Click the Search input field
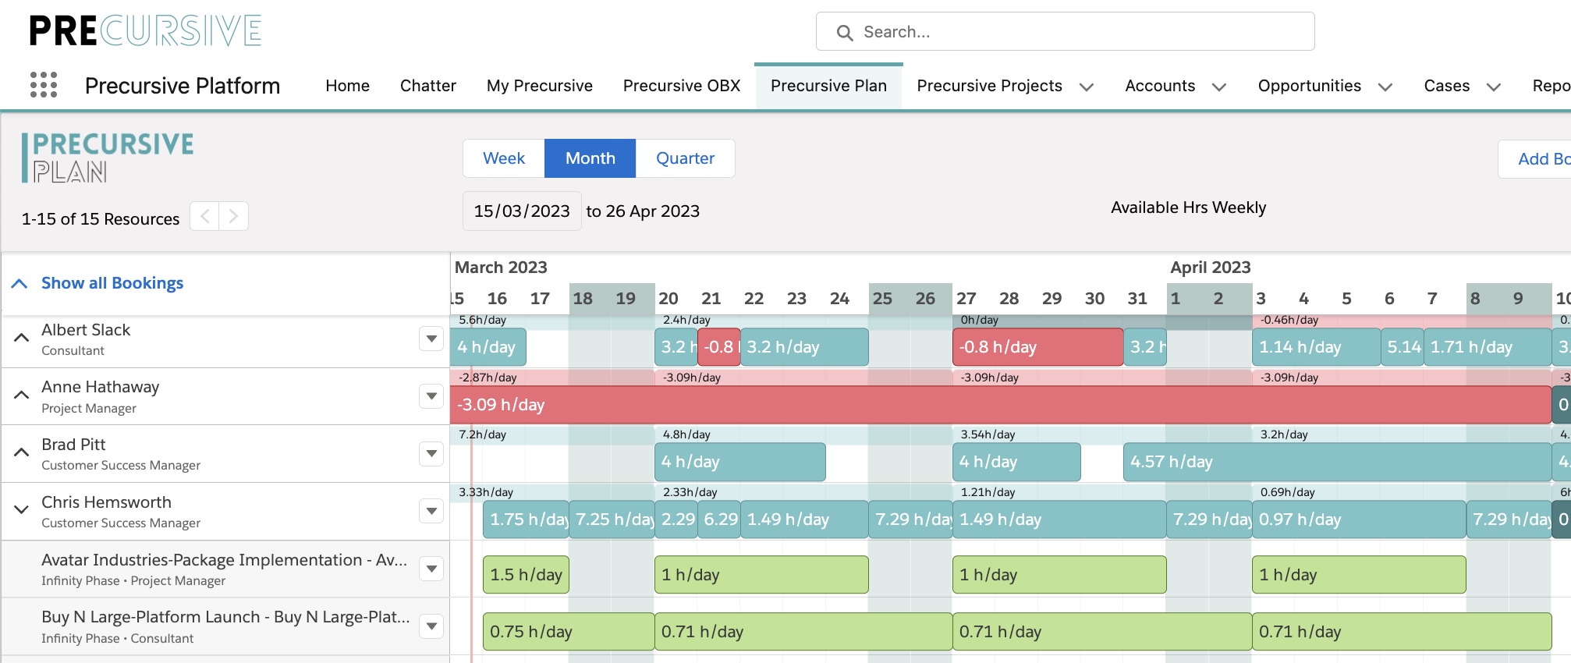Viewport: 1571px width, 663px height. (x=1076, y=32)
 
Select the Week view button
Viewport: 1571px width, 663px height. (x=504, y=158)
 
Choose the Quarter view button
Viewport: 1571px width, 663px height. (x=685, y=158)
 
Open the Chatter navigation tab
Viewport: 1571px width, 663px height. (x=427, y=86)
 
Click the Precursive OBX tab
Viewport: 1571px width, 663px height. (x=681, y=86)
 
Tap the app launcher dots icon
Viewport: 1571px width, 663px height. (x=44, y=85)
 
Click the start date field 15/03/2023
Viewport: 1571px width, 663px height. (x=522, y=211)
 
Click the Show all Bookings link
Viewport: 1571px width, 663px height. (x=112, y=283)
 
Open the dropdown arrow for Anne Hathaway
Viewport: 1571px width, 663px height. (x=431, y=396)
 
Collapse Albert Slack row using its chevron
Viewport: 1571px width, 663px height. (x=22, y=338)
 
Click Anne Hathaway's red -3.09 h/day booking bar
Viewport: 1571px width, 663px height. (x=998, y=405)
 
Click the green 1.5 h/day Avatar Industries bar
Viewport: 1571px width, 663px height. (x=526, y=575)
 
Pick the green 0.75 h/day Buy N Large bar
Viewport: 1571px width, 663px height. (x=568, y=632)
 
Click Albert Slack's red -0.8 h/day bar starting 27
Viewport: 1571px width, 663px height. (x=1037, y=347)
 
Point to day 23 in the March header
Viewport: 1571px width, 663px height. (x=796, y=299)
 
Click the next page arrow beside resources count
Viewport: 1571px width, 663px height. (x=233, y=216)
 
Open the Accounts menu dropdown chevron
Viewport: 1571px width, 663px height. (x=1219, y=87)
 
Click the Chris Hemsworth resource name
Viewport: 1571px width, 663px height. (x=106, y=502)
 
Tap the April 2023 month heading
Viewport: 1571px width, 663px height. (x=1210, y=268)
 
